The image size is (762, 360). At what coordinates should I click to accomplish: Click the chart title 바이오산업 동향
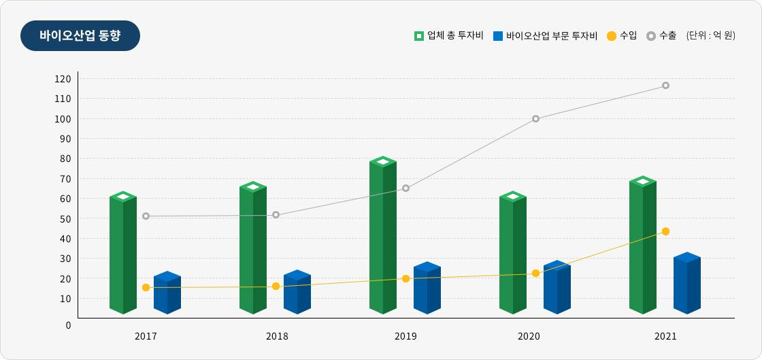80,36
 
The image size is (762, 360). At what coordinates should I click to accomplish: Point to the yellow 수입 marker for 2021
665,231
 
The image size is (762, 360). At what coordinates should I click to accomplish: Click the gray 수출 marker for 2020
535,118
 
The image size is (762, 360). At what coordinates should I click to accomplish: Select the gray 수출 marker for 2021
665,86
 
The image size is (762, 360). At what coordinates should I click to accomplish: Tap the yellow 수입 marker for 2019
405,278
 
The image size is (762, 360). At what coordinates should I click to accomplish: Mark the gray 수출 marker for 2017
146,216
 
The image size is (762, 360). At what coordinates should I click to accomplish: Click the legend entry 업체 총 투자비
448,36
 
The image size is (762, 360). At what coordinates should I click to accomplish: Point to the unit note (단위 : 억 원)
710,36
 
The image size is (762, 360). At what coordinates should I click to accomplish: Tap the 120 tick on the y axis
63,79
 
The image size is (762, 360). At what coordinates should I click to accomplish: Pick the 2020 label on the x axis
529,336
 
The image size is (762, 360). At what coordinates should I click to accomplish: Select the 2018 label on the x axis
277,336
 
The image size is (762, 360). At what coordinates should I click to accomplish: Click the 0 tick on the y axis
68,325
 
